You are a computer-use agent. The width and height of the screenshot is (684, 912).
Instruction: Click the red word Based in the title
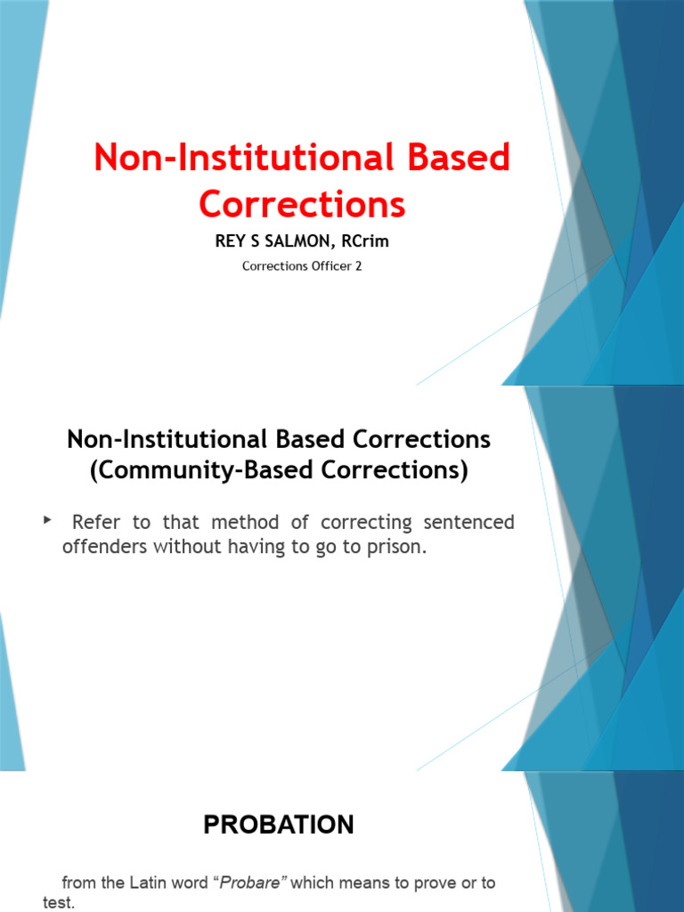(453, 159)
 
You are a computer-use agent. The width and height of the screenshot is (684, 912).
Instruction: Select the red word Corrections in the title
(302, 204)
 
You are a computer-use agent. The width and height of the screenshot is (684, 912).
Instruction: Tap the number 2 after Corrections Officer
(359, 266)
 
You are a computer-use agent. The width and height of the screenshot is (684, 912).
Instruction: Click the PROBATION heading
(279, 825)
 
